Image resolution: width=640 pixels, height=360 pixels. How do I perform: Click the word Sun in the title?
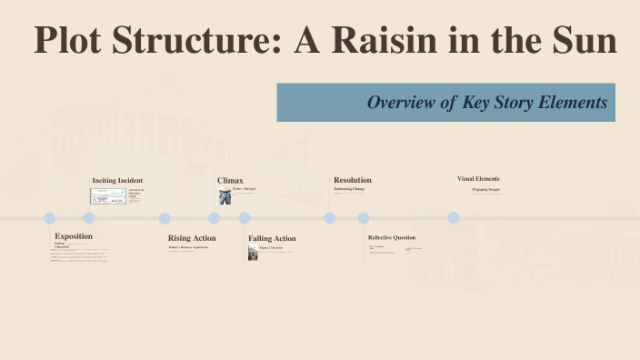[x=584, y=40]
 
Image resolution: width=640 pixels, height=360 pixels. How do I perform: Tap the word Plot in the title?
[x=72, y=40]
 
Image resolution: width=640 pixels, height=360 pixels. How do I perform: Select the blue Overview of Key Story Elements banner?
[x=445, y=103]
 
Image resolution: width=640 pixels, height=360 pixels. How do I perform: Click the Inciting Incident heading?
[x=117, y=180]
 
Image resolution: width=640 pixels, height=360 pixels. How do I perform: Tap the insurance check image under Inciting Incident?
[x=108, y=195]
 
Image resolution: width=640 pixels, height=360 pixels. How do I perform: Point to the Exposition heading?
[x=74, y=235]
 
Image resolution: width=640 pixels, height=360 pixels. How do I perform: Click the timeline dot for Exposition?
[x=50, y=218]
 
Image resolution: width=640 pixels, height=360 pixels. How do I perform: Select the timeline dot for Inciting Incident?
[x=89, y=218]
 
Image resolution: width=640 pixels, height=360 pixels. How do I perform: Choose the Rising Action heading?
[x=192, y=238]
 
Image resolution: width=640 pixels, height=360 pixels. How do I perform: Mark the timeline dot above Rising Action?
[x=165, y=218]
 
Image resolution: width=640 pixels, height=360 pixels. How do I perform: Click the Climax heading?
[x=230, y=180]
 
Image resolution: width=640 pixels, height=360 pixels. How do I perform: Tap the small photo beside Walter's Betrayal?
[x=225, y=195]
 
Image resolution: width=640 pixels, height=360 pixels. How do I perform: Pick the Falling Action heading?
[x=272, y=238]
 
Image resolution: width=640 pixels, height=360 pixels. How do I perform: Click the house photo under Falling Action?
[x=253, y=253]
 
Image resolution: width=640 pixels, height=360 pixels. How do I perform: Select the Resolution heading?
[x=352, y=180]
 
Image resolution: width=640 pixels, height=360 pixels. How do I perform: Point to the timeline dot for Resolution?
[x=330, y=218]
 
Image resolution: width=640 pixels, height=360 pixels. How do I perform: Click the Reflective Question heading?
[x=392, y=237]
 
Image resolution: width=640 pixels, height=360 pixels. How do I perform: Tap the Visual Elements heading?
[x=478, y=179]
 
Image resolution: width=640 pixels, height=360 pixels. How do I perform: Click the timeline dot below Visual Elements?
[x=454, y=218]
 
